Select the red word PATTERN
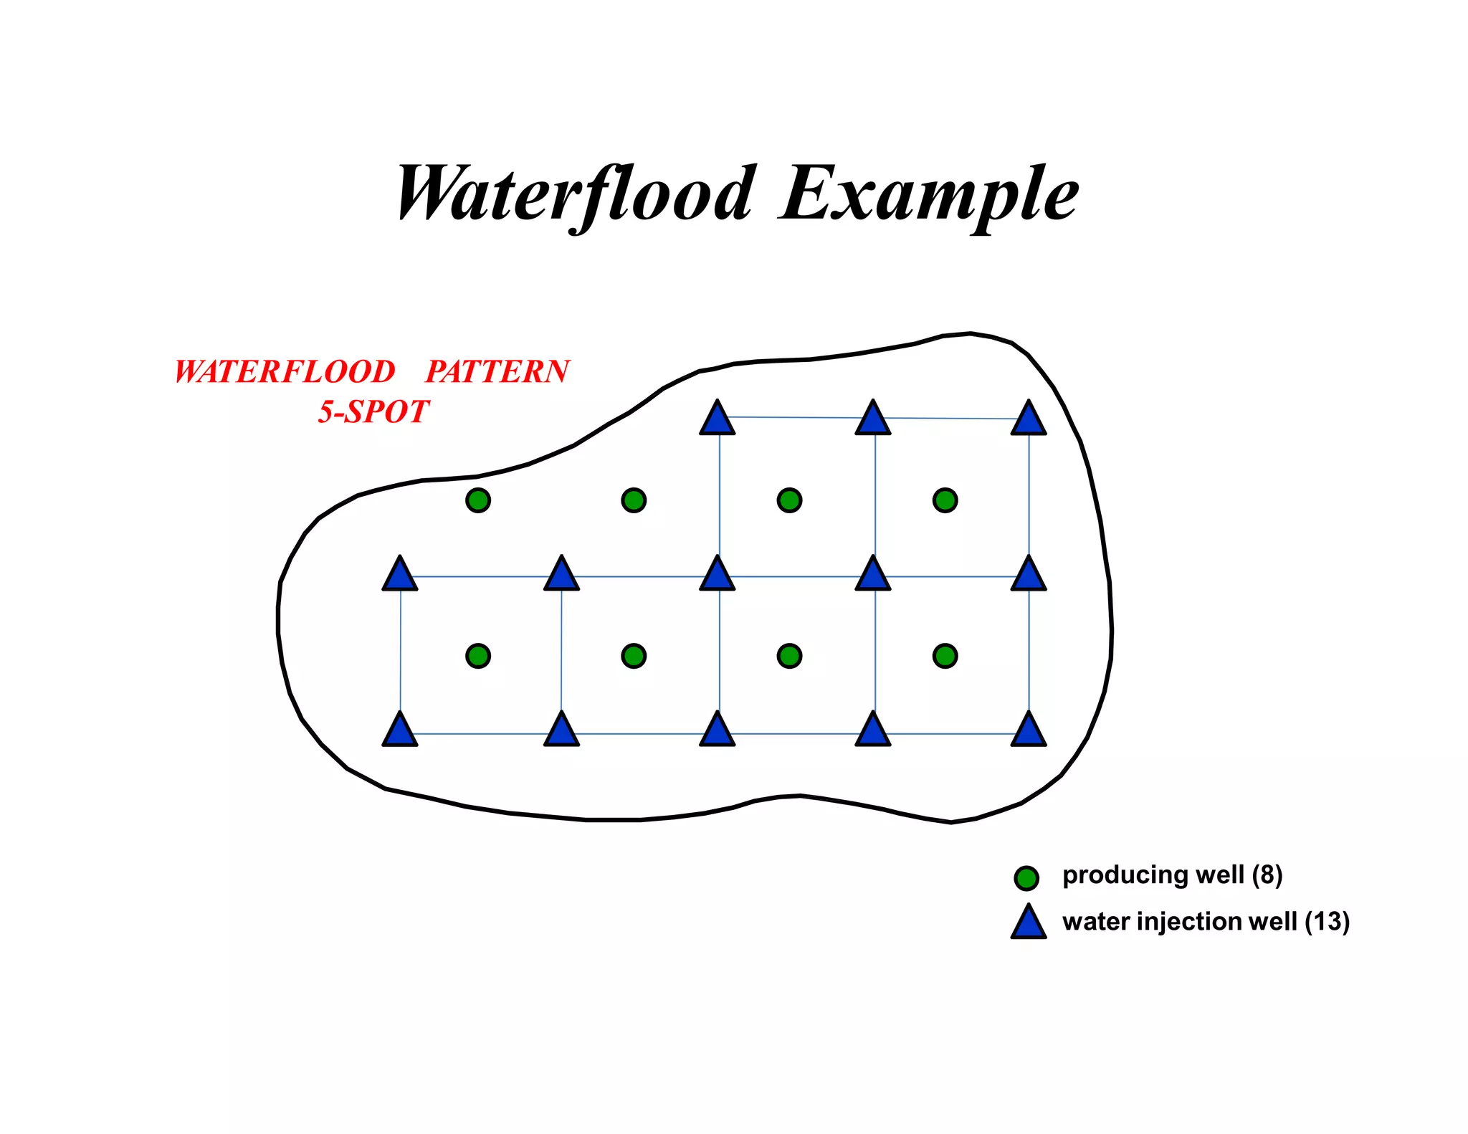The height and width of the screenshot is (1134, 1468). (x=497, y=372)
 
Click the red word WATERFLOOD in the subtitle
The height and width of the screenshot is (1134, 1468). (x=285, y=372)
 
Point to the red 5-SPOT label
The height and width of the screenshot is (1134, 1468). (x=373, y=412)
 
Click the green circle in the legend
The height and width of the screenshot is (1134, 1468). (x=1026, y=877)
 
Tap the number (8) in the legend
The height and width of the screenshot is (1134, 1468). (x=1267, y=875)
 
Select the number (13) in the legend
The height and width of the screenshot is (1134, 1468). (x=1327, y=921)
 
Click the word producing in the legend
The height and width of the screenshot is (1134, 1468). (x=1117, y=875)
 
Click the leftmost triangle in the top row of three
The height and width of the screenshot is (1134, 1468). (x=717, y=420)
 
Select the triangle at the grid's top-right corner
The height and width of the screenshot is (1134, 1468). (x=1029, y=420)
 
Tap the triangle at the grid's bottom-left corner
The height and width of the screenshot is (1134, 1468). (x=400, y=731)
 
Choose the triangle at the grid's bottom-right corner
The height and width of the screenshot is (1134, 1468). (x=1029, y=731)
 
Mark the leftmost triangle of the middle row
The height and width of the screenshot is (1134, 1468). (x=400, y=576)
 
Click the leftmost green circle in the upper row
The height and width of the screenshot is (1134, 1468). (x=478, y=500)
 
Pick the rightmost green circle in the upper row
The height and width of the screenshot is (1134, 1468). (x=945, y=500)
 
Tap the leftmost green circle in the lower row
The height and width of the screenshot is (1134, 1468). (x=478, y=655)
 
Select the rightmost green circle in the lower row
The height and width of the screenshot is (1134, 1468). (x=945, y=655)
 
